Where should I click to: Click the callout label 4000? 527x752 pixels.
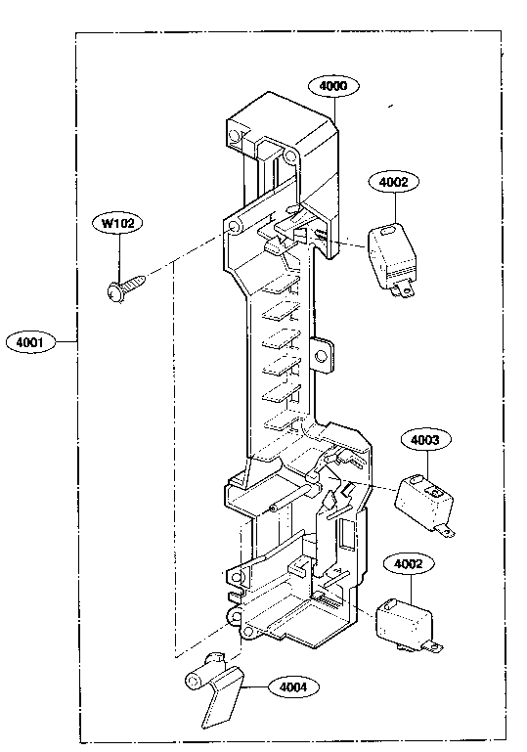pos(332,86)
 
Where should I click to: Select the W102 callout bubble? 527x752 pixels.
pos(117,223)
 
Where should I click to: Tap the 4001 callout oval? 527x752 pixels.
pos(30,342)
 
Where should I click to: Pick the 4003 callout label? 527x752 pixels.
pos(425,440)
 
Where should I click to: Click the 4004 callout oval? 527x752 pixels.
pos(293,686)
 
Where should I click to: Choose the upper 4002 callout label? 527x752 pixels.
pos(394,182)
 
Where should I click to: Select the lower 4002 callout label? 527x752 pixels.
pos(409,564)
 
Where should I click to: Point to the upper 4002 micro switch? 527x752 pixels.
pos(391,258)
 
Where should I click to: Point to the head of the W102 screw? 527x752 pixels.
pos(114,292)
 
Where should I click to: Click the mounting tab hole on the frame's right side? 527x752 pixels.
pos(321,356)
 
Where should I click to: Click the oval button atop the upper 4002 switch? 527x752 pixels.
pos(387,231)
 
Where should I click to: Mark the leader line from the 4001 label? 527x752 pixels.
pos(66,341)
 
